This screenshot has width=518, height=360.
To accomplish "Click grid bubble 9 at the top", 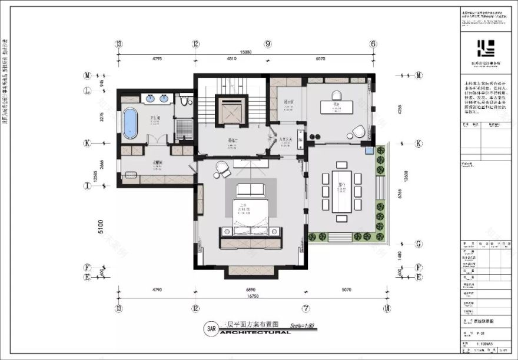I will pyautogui.click(x=268, y=44).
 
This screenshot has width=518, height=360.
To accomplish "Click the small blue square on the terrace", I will pyautogui.click(x=369, y=151).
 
